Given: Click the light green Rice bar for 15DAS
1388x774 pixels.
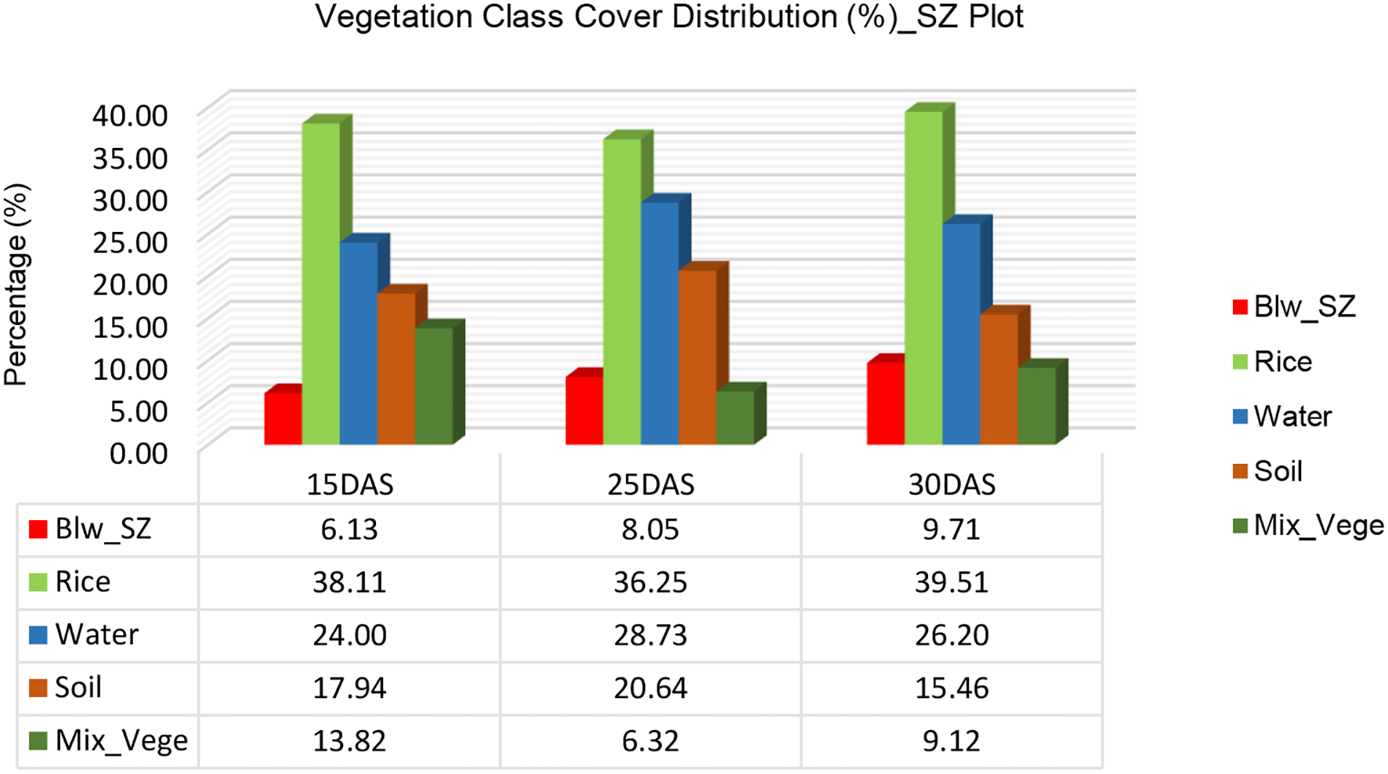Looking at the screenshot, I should pyautogui.click(x=320, y=282).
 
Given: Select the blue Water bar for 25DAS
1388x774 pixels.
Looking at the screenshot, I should pyautogui.click(x=660, y=321).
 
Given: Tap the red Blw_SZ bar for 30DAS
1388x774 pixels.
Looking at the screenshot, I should pyautogui.click(x=885, y=403).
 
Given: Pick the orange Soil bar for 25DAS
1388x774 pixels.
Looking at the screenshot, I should pyautogui.click(x=697, y=356).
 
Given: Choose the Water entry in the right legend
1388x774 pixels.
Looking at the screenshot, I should pyautogui.click(x=1292, y=416).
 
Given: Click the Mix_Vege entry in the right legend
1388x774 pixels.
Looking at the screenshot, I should pyautogui.click(x=1318, y=525).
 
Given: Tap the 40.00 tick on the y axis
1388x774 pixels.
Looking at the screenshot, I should pyautogui.click(x=130, y=115).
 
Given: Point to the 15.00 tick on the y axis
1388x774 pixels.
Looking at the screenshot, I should pyautogui.click(x=130, y=327).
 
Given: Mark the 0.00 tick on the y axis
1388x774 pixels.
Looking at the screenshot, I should pyautogui.click(x=138, y=453).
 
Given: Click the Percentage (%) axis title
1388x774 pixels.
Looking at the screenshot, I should pyautogui.click(x=16, y=284).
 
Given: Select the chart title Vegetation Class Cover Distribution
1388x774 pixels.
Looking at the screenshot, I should pyautogui.click(x=669, y=16).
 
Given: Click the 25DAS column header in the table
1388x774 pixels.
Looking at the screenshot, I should pyautogui.click(x=650, y=485).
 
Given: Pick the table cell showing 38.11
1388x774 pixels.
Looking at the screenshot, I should pyautogui.click(x=349, y=583).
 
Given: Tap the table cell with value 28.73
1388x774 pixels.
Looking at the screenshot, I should pyautogui.click(x=650, y=635).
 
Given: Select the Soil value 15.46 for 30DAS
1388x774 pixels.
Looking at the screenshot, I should pyautogui.click(x=951, y=688).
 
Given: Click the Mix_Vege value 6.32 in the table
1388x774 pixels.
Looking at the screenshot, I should pyautogui.click(x=650, y=740).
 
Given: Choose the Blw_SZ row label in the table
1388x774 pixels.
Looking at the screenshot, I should pyautogui.click(x=103, y=530).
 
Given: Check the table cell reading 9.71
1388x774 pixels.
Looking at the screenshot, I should pyautogui.click(x=951, y=530).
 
